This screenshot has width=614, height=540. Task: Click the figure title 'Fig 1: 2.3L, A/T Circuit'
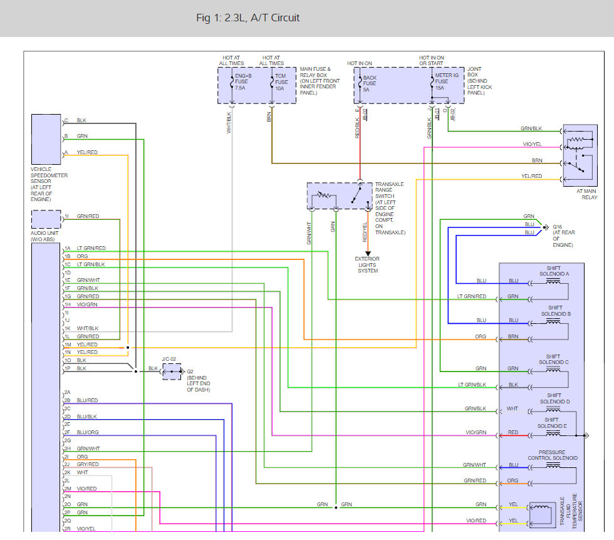click(248, 18)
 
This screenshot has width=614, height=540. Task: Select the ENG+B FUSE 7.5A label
click(243, 82)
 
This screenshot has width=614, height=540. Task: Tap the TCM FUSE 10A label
click(281, 82)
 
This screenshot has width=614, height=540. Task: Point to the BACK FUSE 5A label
click(369, 83)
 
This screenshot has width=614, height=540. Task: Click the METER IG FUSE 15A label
click(446, 81)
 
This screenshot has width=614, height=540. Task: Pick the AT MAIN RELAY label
click(586, 194)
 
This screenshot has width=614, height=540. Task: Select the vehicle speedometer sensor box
click(46, 140)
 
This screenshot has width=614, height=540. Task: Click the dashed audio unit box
click(46, 219)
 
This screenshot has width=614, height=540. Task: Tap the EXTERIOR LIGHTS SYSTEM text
click(367, 265)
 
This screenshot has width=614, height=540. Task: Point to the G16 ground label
click(557, 227)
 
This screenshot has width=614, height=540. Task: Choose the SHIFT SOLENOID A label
click(554, 271)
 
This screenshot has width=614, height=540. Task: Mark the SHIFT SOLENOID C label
click(553, 360)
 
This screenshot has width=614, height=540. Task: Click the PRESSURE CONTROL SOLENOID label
click(552, 455)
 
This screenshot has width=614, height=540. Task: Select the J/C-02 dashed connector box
click(172, 371)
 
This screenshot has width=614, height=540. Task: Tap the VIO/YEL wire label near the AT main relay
click(532, 144)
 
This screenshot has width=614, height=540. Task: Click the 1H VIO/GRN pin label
click(81, 304)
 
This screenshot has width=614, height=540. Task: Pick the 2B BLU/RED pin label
click(81, 400)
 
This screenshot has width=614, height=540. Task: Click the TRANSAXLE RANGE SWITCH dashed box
click(340, 196)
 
